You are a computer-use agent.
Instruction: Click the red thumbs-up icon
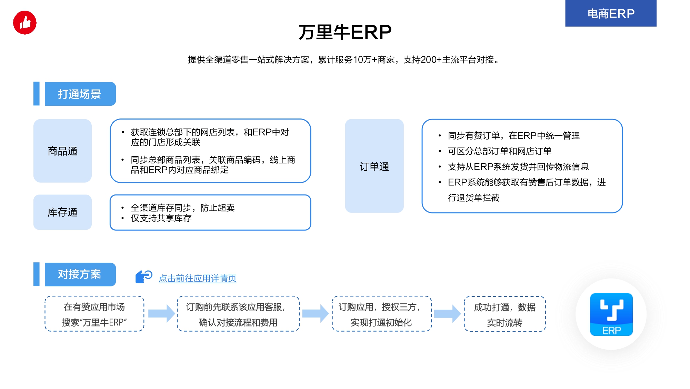pyautogui.click(x=25, y=23)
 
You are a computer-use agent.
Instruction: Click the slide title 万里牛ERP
pyautogui.click(x=345, y=32)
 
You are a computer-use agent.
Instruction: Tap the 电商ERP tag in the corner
pyautogui.click(x=611, y=13)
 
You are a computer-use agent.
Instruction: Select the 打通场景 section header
pyautogui.click(x=80, y=94)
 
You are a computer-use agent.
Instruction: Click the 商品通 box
pyautogui.click(x=62, y=151)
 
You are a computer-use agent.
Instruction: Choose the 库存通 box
pyautogui.click(x=62, y=212)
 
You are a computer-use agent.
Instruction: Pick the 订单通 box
pyautogui.click(x=374, y=166)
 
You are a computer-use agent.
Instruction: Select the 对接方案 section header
pyautogui.click(x=80, y=274)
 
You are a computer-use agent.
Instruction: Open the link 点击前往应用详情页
pyautogui.click(x=198, y=278)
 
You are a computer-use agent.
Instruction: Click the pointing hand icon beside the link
pyautogui.click(x=143, y=277)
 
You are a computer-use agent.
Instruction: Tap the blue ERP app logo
pyautogui.click(x=611, y=314)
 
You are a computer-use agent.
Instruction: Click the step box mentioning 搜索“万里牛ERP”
pyautogui.click(x=94, y=314)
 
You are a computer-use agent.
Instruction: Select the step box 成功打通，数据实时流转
pyautogui.click(x=505, y=314)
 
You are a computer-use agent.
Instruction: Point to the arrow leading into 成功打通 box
pyautogui.click(x=447, y=314)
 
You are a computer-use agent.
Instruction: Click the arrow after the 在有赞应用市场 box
pyautogui.click(x=162, y=314)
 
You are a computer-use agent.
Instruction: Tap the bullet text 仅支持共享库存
pyautogui.click(x=161, y=218)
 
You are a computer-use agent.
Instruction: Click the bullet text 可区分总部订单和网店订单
pyautogui.click(x=500, y=151)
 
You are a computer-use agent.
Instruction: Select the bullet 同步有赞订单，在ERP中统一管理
pyautogui.click(x=514, y=135)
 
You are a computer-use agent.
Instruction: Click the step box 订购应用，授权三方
pyautogui.click(x=382, y=314)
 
